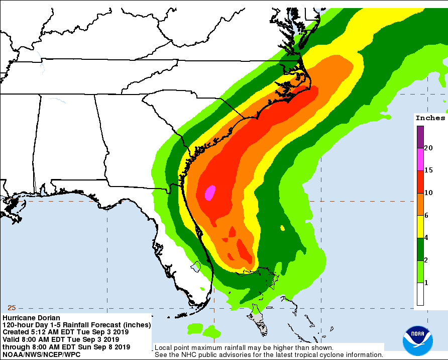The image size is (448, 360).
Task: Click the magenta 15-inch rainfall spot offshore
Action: pos(210,193)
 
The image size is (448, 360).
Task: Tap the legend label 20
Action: pos(428,148)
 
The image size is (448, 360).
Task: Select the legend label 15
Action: pos(428,170)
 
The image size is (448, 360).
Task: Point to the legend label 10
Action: pos(428,193)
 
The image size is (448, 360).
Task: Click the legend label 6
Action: pos(426,215)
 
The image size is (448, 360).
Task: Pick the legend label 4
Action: pos(426,238)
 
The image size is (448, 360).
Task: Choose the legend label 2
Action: pos(426,260)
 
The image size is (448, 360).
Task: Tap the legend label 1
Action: pos(426,283)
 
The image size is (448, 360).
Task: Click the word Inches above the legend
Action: pos(430,118)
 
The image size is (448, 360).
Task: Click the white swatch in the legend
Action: pos(419,294)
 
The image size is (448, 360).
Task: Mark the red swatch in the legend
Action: pos(419,182)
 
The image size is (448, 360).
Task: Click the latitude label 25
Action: pos(12,308)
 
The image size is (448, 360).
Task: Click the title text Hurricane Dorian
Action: pos(31,318)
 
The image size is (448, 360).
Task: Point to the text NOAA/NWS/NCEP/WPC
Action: pos(41,354)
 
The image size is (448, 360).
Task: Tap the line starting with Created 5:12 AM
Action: pos(65,332)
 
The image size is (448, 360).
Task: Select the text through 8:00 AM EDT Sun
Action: pos(66,347)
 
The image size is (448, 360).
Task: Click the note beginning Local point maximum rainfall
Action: pos(243,347)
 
